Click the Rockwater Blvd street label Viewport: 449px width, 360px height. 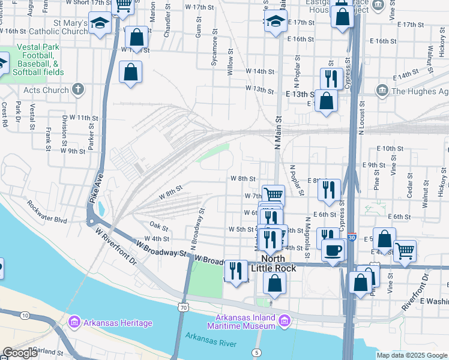(46, 212)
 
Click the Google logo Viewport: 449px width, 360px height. (20, 353)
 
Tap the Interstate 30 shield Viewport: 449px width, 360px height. (352, 237)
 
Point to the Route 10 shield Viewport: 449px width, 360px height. (24, 314)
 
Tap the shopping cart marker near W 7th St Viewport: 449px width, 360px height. (273, 194)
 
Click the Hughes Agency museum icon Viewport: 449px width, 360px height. (382, 91)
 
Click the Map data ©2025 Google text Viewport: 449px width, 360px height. (412, 355)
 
